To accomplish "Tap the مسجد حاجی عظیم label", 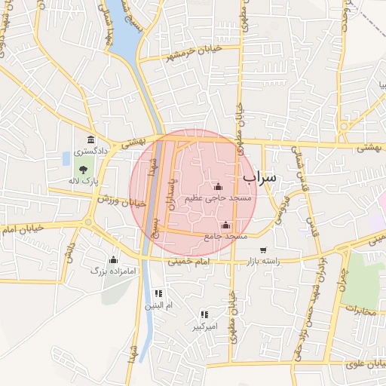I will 219,198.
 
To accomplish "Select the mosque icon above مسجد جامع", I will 226,225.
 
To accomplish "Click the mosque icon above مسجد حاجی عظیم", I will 219,186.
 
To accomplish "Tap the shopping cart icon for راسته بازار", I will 262,250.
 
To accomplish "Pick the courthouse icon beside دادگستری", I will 91,140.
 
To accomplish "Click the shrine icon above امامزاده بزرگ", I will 114,259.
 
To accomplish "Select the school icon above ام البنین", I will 158,293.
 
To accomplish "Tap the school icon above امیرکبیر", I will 204,314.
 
